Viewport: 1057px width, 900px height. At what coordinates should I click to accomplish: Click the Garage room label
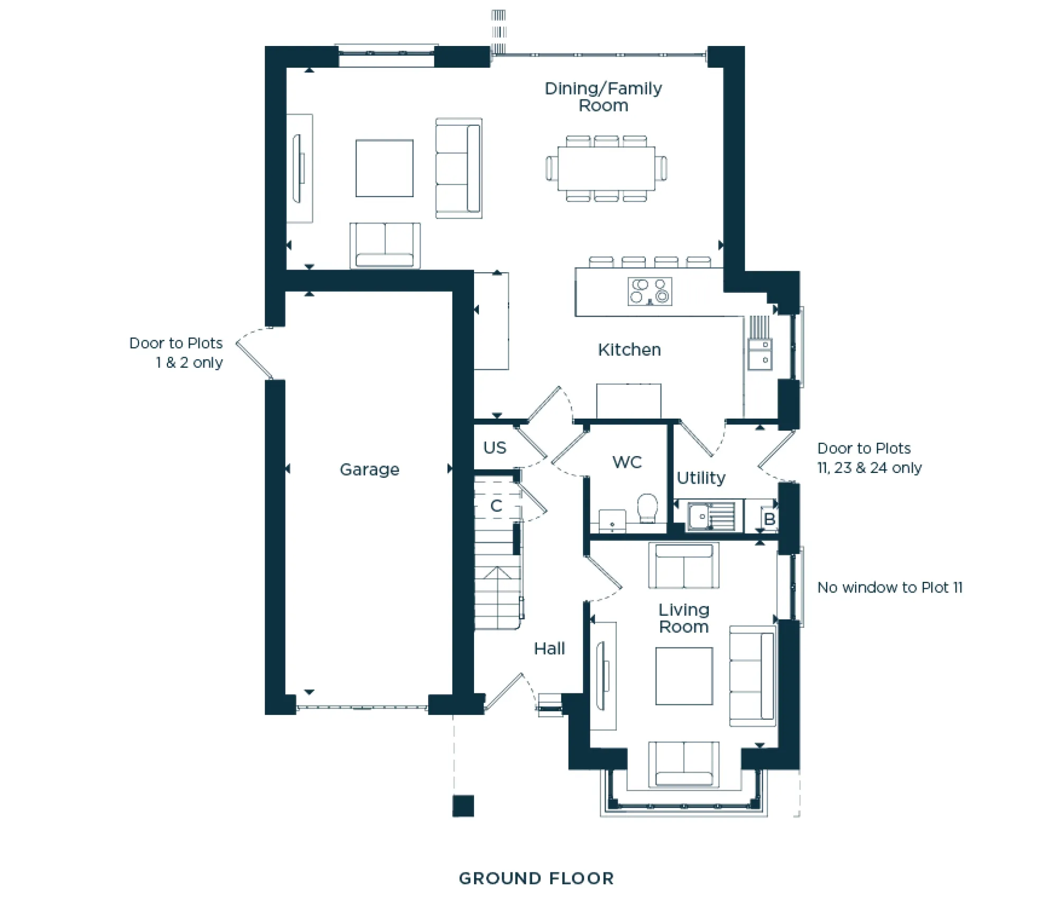[369, 469]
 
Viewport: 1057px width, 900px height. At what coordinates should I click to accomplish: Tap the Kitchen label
[629, 350]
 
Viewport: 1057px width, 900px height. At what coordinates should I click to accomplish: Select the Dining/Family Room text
[603, 97]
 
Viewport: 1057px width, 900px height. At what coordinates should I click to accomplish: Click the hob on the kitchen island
[650, 292]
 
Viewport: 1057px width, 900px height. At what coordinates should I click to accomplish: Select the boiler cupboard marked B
[769, 519]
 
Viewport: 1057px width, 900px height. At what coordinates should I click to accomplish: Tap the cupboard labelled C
[496, 506]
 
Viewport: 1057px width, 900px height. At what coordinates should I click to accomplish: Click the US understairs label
[495, 448]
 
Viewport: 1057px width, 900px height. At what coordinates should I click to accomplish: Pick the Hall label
[549, 648]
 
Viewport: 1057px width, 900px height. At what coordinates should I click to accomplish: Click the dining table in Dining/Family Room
[606, 169]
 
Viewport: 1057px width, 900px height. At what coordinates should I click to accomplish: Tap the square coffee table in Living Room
[684, 676]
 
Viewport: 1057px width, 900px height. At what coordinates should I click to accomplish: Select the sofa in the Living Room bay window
[684, 764]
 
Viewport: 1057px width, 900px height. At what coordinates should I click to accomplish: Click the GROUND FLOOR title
[536, 878]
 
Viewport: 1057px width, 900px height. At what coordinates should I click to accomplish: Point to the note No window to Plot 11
[889, 588]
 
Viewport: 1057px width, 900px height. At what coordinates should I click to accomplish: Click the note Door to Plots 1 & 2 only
[176, 352]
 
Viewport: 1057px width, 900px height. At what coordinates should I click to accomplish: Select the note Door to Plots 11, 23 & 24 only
[869, 458]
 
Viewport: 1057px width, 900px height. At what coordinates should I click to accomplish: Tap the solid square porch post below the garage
[463, 806]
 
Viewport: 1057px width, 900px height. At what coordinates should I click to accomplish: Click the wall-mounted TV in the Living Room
[601, 676]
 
